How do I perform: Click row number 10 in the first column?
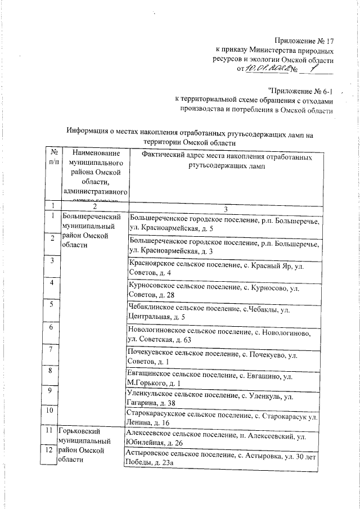click(x=51, y=411)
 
